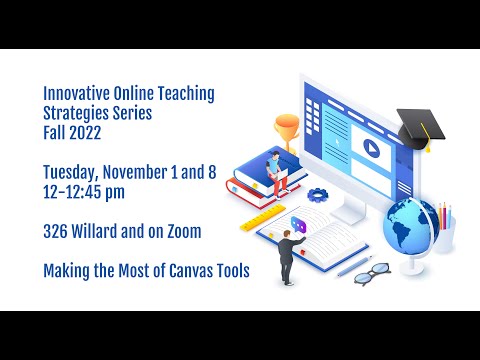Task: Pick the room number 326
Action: pos(57,231)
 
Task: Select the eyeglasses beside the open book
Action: pos(372,272)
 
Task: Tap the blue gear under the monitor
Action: pos(319,194)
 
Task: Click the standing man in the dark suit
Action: pos(286,255)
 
